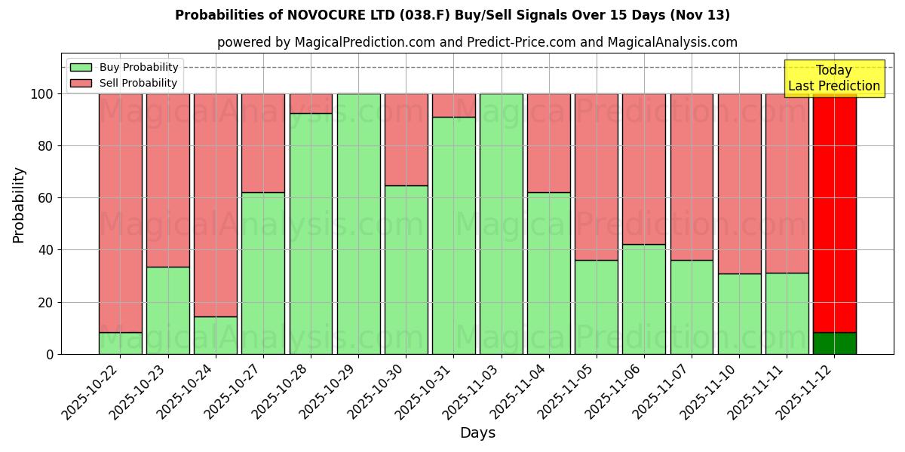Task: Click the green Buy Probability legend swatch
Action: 81,68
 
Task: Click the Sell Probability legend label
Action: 139,84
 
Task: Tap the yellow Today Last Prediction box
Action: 833,78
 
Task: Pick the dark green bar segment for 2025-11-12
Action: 834,344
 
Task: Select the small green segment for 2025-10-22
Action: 121,344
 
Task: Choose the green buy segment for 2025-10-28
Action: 311,234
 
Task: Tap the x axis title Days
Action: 477,433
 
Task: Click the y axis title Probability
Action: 19,205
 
